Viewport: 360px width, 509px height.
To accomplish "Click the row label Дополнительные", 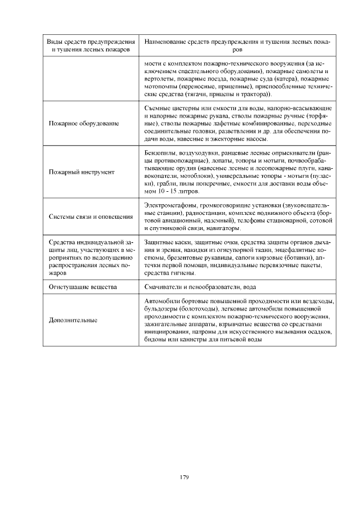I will pos(73,320).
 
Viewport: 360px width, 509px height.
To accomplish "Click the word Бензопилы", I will pos(159,152).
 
